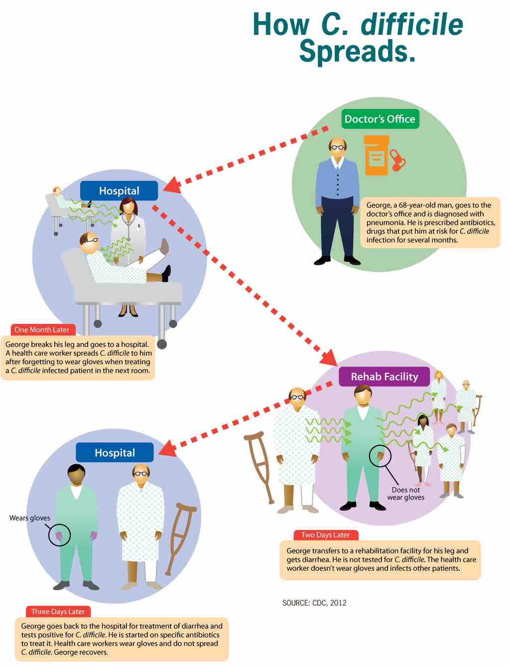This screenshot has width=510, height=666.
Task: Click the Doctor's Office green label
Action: pos(380,119)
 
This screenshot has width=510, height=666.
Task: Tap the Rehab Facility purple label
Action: pos(384,376)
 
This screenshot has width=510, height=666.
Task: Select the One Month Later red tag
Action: pos(42,330)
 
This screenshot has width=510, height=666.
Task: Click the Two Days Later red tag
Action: pos(325,535)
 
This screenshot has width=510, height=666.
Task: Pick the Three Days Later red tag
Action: pos(58,612)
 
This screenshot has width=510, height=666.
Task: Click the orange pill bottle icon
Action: pos(376,155)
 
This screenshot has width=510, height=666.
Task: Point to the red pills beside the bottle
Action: pos(398,160)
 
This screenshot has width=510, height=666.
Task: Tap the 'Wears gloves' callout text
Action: pos(30,518)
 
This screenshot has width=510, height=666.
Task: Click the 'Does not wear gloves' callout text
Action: pos(406,494)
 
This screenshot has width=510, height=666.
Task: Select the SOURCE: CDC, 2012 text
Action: pos(314,603)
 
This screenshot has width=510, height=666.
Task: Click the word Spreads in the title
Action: pos(357,51)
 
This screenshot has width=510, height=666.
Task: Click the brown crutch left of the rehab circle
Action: pos(259,466)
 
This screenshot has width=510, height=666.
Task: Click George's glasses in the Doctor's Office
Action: pos(338,147)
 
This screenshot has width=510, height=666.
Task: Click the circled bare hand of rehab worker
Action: pos(380,456)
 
